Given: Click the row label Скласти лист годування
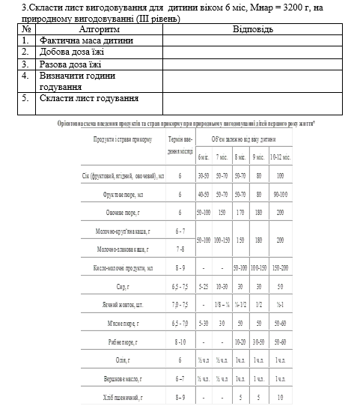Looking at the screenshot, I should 89,98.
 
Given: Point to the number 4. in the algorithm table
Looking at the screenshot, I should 25,76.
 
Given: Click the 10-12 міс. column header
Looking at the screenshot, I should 280,157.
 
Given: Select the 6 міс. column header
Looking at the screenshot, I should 203,157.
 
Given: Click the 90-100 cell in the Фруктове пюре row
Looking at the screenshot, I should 280,194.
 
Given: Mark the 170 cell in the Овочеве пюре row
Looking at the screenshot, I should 240,212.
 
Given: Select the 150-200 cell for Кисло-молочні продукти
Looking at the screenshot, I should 280,267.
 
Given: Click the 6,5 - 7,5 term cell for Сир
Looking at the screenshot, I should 180,285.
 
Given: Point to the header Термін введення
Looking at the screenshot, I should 180,145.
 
